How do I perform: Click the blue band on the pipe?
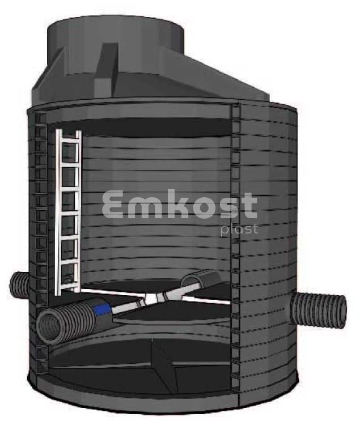point(103,309)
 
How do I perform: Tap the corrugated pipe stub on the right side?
point(319,309)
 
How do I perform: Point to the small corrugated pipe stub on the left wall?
point(19,285)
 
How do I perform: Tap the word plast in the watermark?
point(239,230)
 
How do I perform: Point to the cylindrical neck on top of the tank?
point(116,40)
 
